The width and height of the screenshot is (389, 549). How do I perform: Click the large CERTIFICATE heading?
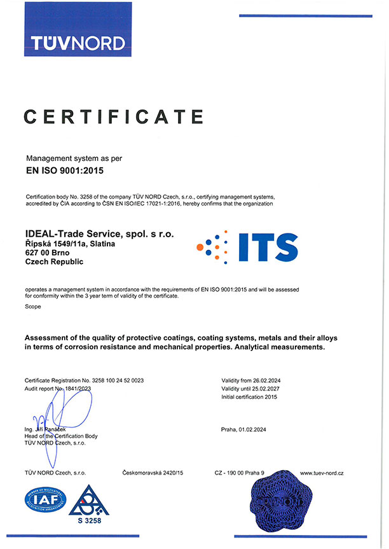[114, 116]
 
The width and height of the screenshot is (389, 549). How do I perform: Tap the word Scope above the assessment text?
[33, 307]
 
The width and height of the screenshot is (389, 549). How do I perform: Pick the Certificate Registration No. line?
[85, 380]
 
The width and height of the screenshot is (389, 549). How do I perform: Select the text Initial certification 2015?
[249, 396]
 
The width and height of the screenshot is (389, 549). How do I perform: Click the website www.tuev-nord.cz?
[322, 473]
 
